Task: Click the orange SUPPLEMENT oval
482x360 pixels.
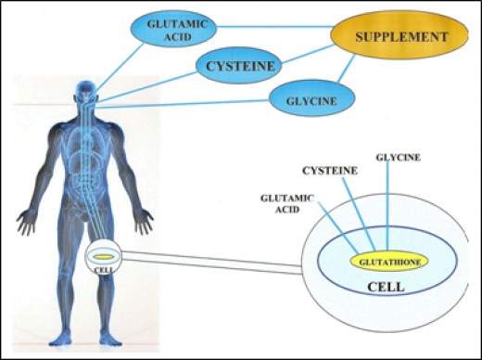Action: tap(397, 37)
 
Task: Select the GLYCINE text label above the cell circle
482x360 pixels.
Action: tap(398, 157)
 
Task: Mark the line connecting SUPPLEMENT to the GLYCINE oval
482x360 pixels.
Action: tap(351, 73)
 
